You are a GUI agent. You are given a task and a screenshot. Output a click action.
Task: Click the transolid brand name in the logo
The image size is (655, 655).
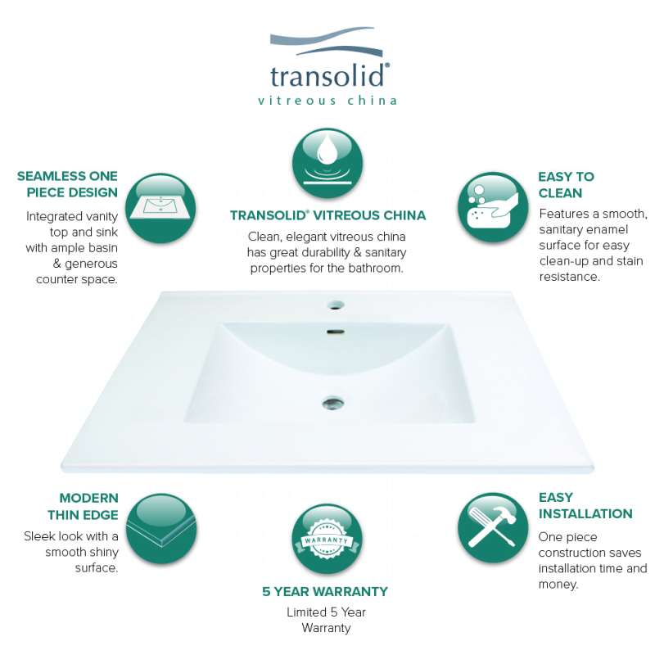(x=329, y=75)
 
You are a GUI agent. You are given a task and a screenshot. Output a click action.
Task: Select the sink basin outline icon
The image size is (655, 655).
(x=160, y=208)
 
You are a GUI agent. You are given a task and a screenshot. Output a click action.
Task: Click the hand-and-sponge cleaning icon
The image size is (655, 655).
(x=493, y=207)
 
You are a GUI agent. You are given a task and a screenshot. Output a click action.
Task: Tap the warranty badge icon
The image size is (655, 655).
(x=327, y=540)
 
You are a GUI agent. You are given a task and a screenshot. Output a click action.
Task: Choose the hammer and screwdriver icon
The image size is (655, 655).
(x=493, y=527)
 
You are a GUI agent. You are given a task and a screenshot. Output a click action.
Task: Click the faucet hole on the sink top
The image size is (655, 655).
(x=335, y=305)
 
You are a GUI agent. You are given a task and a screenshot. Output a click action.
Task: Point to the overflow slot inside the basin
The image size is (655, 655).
(x=336, y=332)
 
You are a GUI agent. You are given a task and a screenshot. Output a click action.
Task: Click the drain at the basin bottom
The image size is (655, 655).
(x=333, y=403)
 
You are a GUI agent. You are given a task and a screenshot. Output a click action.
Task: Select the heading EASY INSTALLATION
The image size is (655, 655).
(x=585, y=505)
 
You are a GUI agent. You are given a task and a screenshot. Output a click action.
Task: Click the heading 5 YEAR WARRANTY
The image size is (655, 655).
(x=325, y=591)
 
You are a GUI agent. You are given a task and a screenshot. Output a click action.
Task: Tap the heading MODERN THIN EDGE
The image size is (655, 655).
(x=83, y=506)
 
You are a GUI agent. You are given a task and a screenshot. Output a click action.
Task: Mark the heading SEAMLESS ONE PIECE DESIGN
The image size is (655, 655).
(x=67, y=184)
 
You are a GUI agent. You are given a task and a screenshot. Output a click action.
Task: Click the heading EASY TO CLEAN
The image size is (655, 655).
(x=566, y=185)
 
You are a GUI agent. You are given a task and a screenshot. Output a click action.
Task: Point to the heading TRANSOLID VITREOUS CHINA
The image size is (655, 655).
(x=328, y=215)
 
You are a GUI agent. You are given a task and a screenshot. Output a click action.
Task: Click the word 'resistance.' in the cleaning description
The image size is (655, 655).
(x=569, y=277)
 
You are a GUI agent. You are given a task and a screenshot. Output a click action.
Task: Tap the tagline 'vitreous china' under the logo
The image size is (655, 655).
(x=327, y=100)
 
